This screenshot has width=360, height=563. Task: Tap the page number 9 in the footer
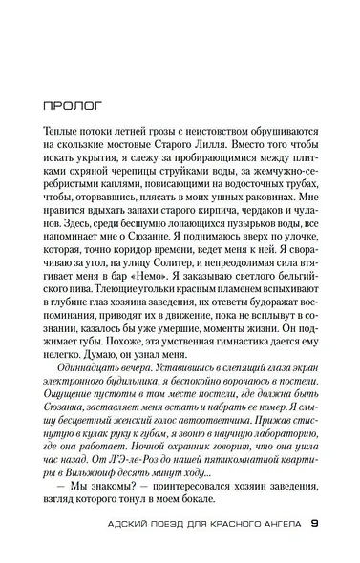[316, 523]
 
